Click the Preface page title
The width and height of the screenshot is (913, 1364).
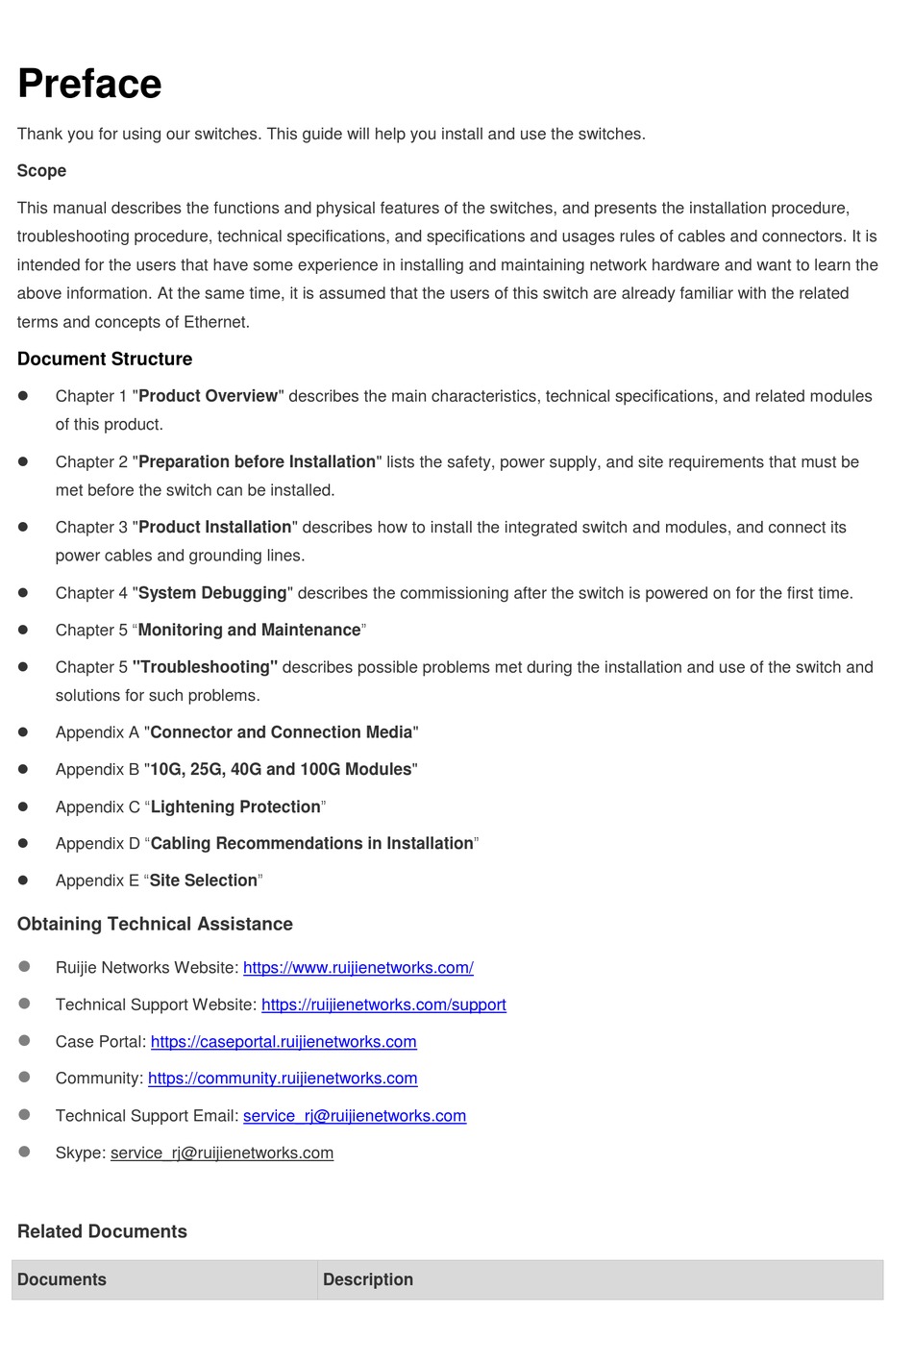click(x=89, y=84)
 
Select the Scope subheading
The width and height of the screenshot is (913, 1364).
click(x=41, y=171)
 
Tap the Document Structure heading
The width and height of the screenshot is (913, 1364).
click(x=105, y=360)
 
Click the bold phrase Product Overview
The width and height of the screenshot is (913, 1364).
click(x=208, y=396)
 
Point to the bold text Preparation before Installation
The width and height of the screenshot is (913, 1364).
click(x=257, y=462)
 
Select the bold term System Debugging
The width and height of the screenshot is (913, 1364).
click(x=212, y=593)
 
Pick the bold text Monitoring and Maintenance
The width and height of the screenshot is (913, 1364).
click(x=249, y=631)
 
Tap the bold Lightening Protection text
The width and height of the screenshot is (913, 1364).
click(x=235, y=807)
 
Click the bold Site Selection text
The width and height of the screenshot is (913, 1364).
click(x=204, y=880)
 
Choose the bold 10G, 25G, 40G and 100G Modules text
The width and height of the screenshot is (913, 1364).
click(x=281, y=770)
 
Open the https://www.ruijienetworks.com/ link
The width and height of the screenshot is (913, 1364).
click(x=358, y=968)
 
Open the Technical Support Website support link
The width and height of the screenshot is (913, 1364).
click(x=383, y=1005)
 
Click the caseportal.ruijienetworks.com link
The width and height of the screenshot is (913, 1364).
click(x=284, y=1042)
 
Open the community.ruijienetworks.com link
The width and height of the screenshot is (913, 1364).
click(x=283, y=1079)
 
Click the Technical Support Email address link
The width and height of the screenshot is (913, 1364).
click(x=355, y=1116)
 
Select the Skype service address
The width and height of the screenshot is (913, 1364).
click(x=222, y=1153)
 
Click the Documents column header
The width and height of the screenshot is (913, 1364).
click(x=62, y=1280)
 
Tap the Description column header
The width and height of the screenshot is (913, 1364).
click(x=368, y=1280)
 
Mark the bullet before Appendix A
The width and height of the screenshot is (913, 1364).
click(x=23, y=732)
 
